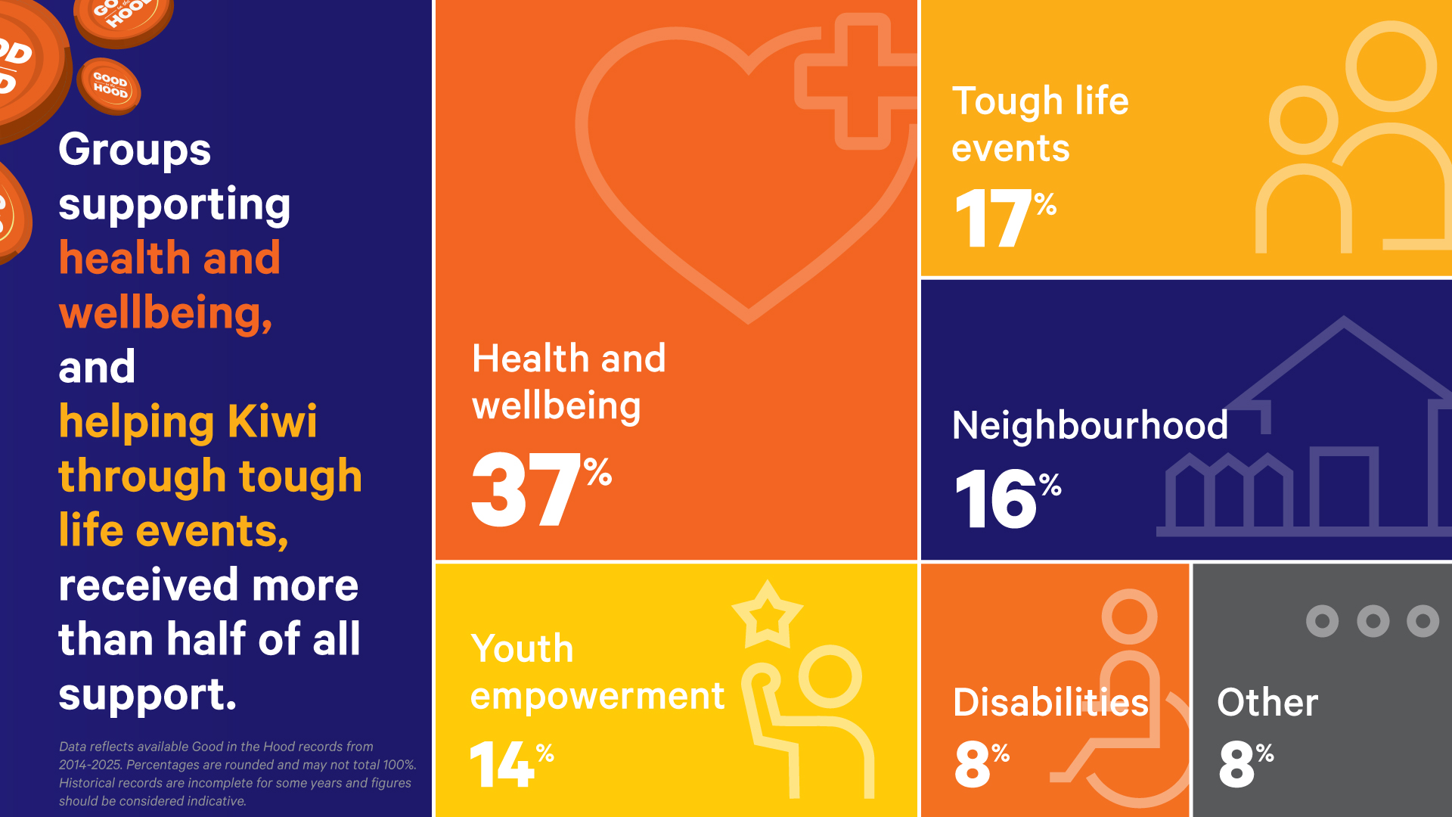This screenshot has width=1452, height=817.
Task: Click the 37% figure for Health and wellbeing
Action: point(541,489)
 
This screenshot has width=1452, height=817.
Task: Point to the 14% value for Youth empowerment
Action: point(512,764)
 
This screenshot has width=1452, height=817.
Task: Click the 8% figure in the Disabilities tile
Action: point(982,764)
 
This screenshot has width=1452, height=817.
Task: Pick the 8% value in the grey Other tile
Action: point(1246,764)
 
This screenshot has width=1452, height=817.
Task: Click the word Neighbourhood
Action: point(1090,425)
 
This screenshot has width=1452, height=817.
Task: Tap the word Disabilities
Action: point(1051,702)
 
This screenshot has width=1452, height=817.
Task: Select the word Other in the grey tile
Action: point(1267,702)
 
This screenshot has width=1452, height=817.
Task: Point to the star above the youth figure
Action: point(767,614)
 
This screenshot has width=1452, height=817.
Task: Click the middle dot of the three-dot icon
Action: point(1373,621)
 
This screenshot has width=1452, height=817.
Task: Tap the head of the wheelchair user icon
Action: point(1129,617)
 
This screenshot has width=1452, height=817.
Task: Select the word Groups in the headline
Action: point(135,150)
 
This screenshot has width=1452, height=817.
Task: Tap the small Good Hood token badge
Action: point(109,85)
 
